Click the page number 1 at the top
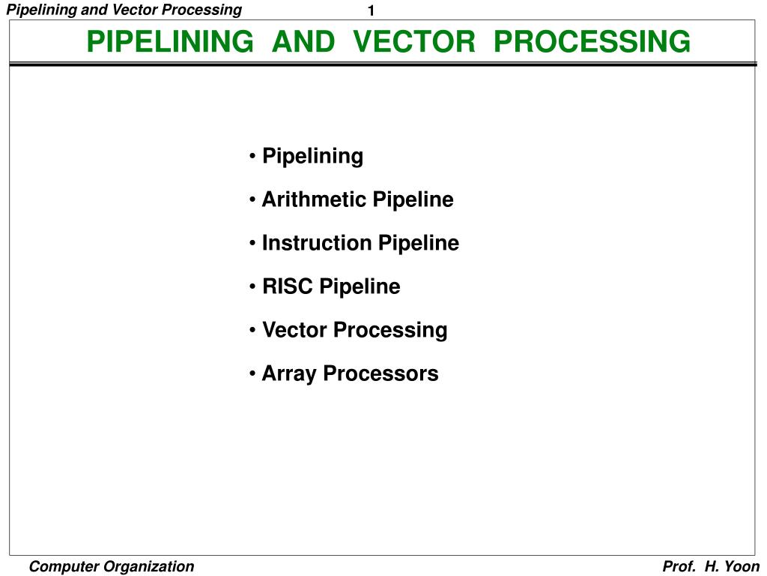pos(371,10)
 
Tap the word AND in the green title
pos(303,41)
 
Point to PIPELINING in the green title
pos(170,41)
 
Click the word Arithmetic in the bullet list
pos(314,200)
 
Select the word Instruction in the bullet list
pos(317,244)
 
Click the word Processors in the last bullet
pos(381,374)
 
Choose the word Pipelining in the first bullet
pos(312,157)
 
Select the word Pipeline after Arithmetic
pos(413,200)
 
